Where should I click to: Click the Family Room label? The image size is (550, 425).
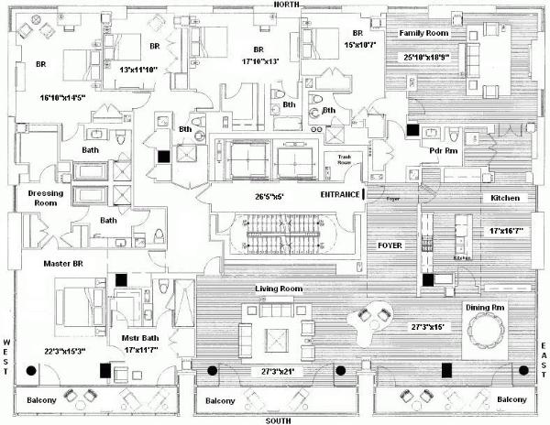tap(422, 33)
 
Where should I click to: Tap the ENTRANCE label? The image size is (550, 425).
tap(339, 195)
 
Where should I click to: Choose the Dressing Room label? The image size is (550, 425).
tap(44, 199)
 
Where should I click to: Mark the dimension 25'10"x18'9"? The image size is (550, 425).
tap(425, 58)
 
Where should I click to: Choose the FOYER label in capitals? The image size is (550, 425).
tap(390, 246)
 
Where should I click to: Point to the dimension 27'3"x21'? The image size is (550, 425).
tap(273, 373)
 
